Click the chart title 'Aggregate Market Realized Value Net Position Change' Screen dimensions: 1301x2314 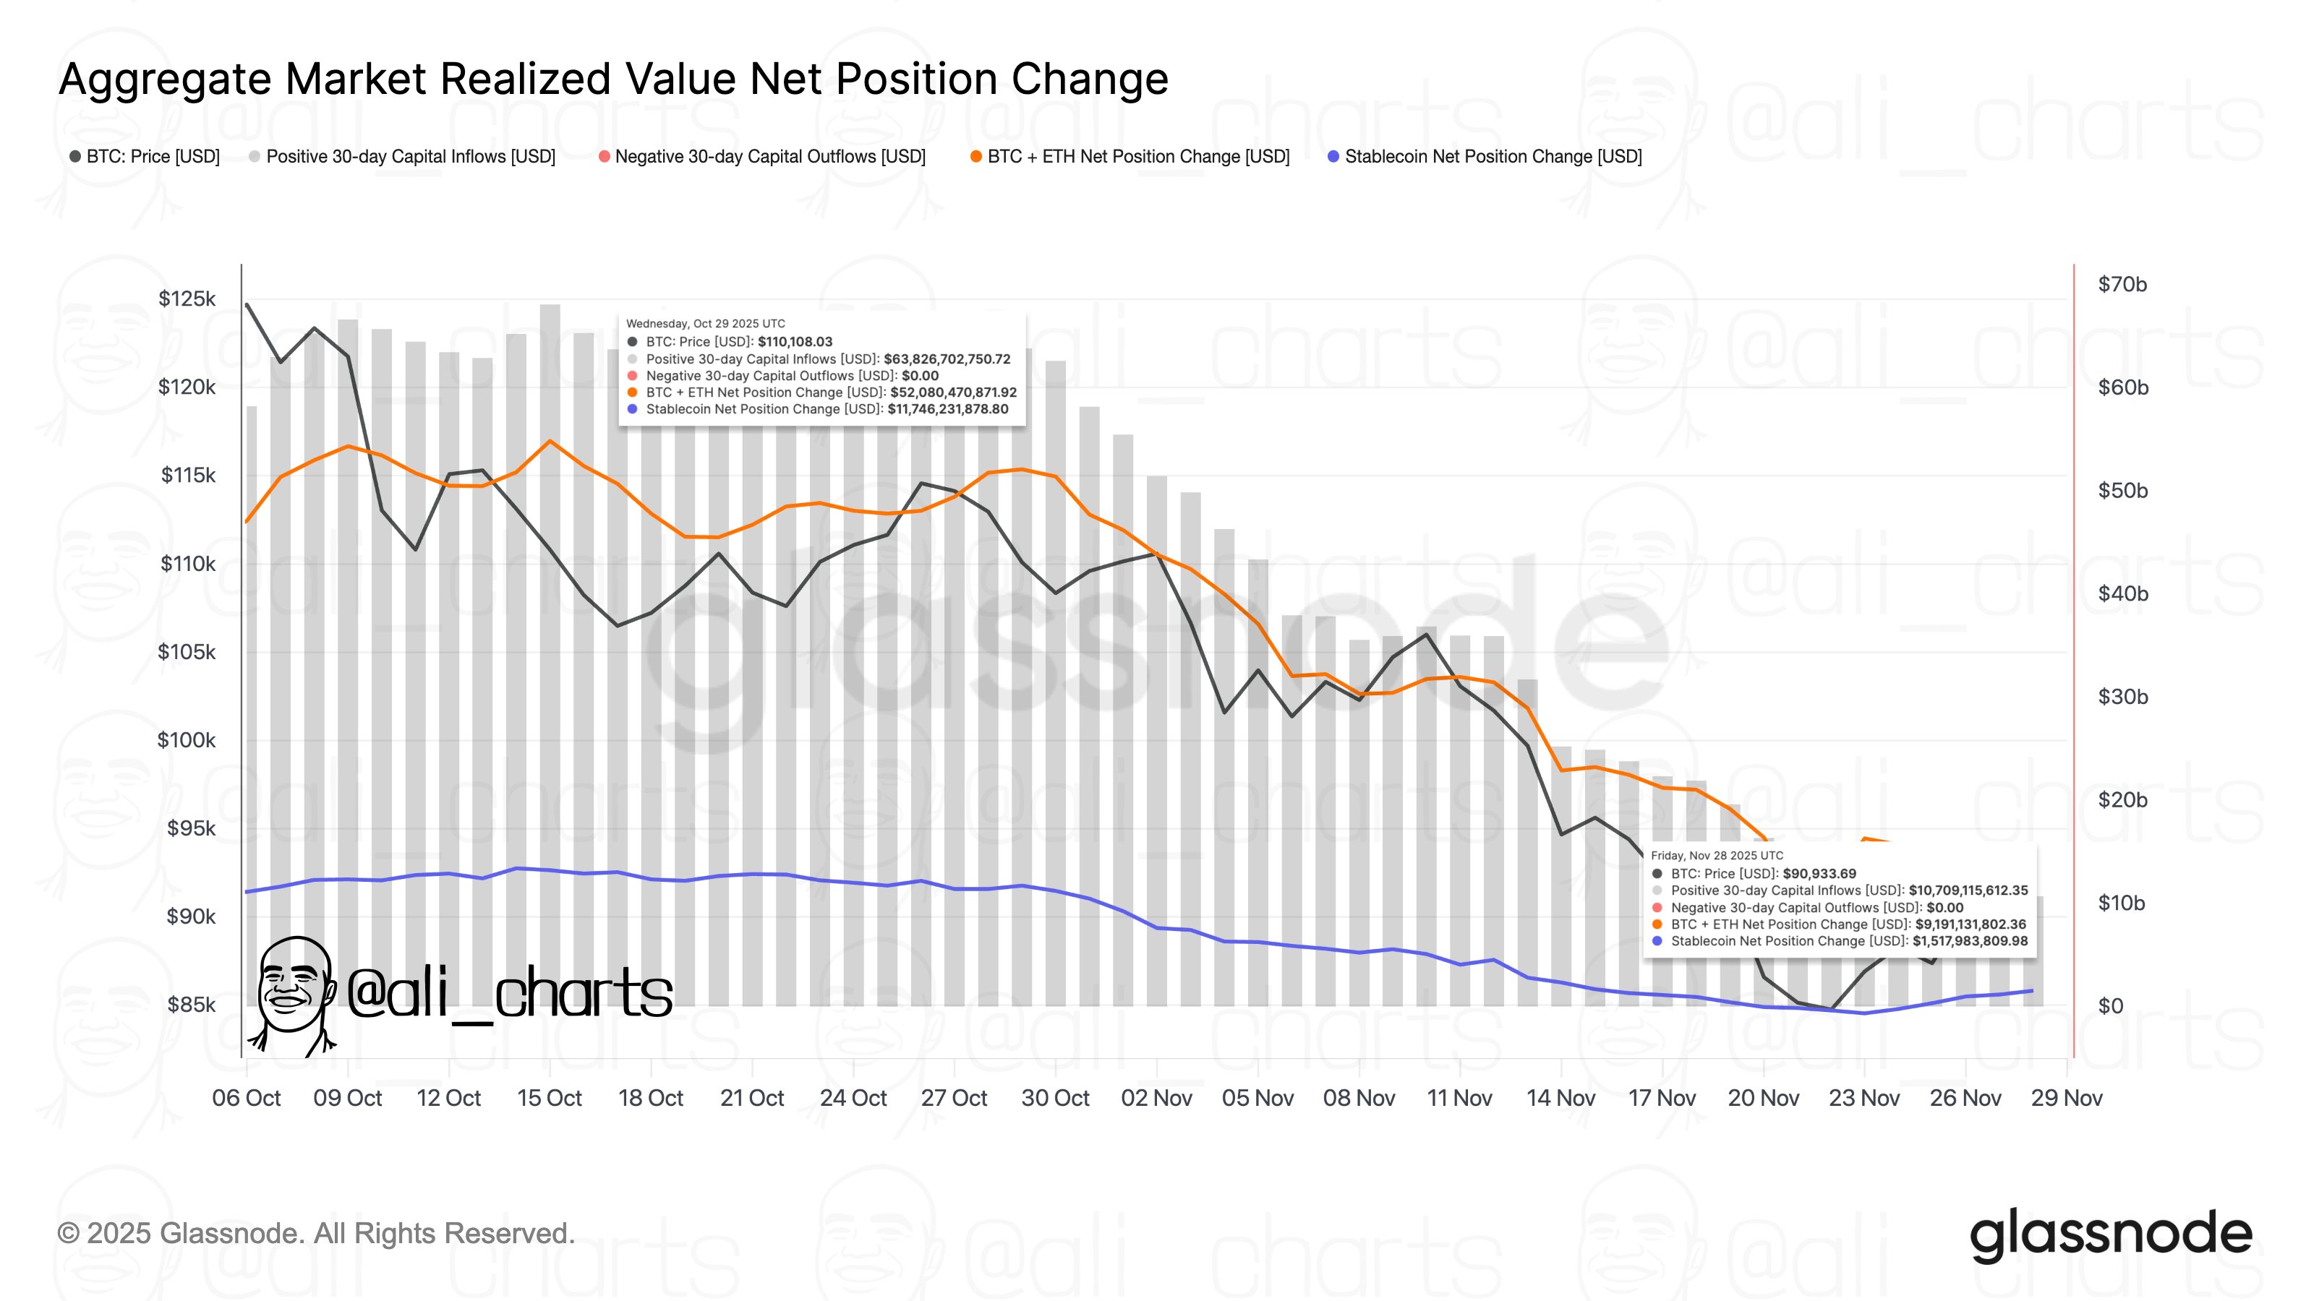[x=613, y=79]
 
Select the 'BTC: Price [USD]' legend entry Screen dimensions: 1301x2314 [x=145, y=156]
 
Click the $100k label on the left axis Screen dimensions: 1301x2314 [x=186, y=740]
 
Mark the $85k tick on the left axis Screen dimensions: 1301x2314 [x=190, y=1004]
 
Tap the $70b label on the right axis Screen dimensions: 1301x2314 [x=2122, y=285]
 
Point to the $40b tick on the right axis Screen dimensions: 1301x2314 [x=2122, y=593]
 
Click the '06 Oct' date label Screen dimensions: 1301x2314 [x=246, y=1098]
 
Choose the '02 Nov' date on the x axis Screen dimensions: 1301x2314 [x=1156, y=1098]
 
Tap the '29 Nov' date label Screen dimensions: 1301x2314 [x=2066, y=1098]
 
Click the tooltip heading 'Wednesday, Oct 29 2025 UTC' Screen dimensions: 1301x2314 [x=705, y=323]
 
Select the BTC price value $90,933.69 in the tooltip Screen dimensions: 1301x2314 [x=1819, y=874]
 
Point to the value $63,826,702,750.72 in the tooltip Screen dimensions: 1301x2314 [x=947, y=359]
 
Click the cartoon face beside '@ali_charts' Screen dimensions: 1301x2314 [x=292, y=987]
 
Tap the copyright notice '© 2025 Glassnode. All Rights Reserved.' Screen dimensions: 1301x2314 [x=315, y=1234]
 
